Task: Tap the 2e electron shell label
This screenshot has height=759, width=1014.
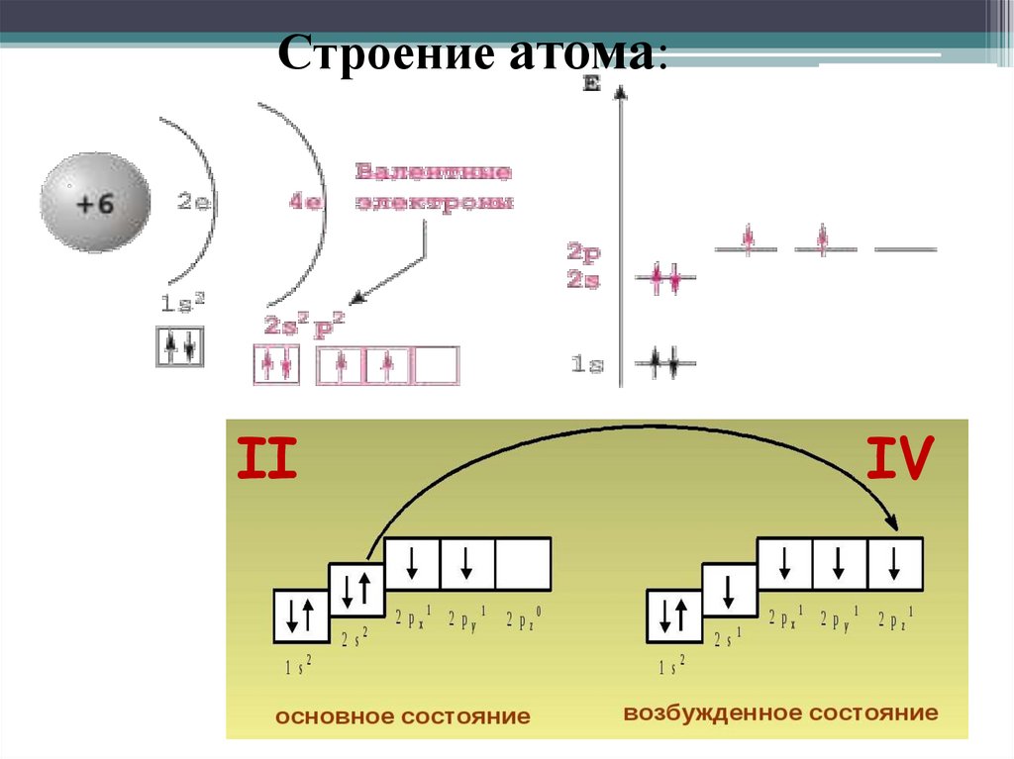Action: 193,203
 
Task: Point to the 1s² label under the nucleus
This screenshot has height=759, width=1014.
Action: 181,303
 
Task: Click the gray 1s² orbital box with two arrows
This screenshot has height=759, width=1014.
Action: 180,346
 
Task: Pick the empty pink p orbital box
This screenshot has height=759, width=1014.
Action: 436,365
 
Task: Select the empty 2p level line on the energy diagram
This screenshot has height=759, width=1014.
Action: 905,248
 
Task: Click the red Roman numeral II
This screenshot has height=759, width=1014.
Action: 265,459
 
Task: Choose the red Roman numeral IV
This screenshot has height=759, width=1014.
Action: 899,459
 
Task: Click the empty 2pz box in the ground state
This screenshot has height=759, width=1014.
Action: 523,564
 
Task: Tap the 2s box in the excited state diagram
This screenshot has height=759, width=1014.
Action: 730,591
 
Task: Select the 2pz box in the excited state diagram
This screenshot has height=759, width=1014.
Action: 895,564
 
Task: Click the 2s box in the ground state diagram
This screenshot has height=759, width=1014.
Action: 356,591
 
